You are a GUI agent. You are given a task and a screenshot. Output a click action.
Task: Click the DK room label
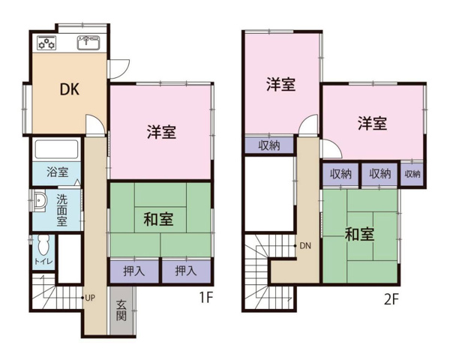70,89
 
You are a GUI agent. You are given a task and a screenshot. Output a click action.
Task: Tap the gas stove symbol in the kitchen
46,43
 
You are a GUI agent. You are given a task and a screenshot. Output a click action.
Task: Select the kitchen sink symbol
88,43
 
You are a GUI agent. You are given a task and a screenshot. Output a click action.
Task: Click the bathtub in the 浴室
56,149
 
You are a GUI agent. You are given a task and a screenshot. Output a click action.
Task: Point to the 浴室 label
58,172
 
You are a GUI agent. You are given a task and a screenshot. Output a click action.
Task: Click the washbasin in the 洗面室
40,200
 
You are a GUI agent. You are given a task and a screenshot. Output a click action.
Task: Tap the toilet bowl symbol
43,245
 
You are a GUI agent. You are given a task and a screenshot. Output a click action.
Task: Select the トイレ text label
43,262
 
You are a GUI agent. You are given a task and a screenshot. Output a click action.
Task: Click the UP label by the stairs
90,298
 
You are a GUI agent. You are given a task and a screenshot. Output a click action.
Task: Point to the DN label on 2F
305,246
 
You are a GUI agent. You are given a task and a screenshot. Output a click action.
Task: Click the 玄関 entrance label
121,310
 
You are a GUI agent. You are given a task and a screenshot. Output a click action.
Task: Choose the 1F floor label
205,298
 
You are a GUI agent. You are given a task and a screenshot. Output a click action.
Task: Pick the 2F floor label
391,300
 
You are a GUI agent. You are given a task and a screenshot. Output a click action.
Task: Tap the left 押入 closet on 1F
134,271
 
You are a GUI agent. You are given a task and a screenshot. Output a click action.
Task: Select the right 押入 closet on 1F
186,271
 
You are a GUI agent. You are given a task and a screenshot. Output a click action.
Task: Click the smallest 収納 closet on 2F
412,174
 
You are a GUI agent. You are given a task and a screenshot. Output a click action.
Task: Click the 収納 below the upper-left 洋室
269,145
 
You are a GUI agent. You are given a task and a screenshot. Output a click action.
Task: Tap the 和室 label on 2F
359,234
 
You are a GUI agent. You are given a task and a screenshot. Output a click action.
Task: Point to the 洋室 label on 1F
161,132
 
